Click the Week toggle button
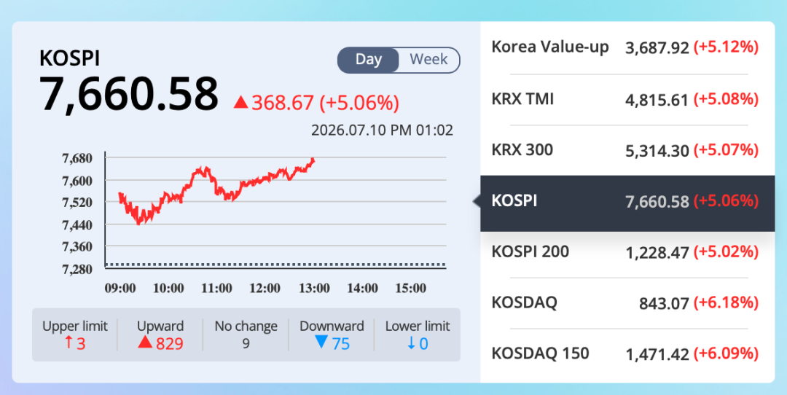(x=429, y=60)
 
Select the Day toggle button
(x=369, y=60)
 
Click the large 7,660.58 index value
(x=129, y=94)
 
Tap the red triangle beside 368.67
(x=241, y=102)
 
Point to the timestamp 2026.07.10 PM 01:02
(x=382, y=130)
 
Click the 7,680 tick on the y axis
(x=77, y=159)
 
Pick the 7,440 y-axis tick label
(x=77, y=225)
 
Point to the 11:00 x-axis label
(x=217, y=288)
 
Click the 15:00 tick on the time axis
(x=410, y=288)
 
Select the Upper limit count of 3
(x=75, y=344)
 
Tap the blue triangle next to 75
(x=321, y=343)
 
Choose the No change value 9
(x=246, y=344)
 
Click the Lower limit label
(x=418, y=326)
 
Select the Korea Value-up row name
(x=550, y=47)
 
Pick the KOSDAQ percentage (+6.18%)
(x=726, y=303)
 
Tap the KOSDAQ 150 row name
(x=540, y=353)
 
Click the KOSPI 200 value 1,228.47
(x=657, y=252)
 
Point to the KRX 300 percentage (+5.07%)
(x=726, y=150)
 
